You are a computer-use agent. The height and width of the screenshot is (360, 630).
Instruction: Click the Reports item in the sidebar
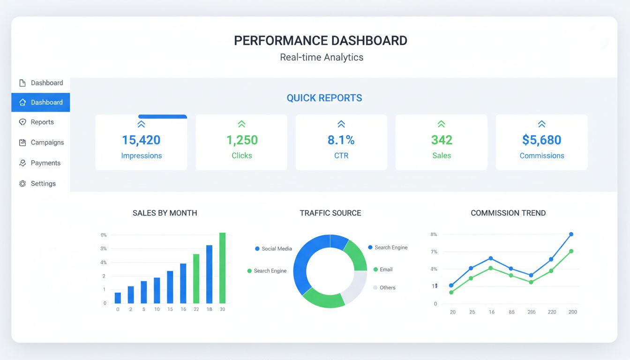pyautogui.click(x=42, y=122)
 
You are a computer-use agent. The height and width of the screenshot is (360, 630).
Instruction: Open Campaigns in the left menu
pyautogui.click(x=47, y=142)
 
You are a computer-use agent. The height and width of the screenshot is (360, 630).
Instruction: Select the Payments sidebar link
pyautogui.click(x=45, y=163)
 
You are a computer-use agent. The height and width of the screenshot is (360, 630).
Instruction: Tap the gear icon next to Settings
pyautogui.click(x=22, y=184)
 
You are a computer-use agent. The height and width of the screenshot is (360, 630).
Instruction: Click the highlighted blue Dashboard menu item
pyautogui.click(x=41, y=102)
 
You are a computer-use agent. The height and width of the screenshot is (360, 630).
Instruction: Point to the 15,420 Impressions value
pyautogui.click(x=141, y=140)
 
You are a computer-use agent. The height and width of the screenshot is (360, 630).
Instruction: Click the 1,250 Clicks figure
pyautogui.click(x=241, y=140)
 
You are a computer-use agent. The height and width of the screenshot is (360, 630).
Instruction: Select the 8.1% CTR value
pyautogui.click(x=341, y=140)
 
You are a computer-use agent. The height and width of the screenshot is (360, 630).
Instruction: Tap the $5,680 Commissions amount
pyautogui.click(x=541, y=140)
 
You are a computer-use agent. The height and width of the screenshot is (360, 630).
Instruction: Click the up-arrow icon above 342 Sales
pyautogui.click(x=441, y=124)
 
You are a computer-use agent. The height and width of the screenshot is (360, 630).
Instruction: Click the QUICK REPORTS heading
pyautogui.click(x=324, y=98)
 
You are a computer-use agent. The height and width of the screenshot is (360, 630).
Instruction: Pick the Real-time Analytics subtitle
pyautogui.click(x=321, y=58)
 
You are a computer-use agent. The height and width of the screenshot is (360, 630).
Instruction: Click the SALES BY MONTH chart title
pyautogui.click(x=165, y=213)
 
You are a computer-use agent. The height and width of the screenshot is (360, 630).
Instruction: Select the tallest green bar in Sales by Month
pyautogui.click(x=222, y=268)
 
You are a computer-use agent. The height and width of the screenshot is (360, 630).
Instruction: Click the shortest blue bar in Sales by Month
pyautogui.click(x=118, y=298)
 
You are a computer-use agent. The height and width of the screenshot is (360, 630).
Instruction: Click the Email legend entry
pyautogui.click(x=385, y=270)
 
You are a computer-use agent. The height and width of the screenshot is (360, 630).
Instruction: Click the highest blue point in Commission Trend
pyautogui.click(x=571, y=234)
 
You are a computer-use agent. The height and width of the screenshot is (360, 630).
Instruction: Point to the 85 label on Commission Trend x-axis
pyautogui.click(x=511, y=312)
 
